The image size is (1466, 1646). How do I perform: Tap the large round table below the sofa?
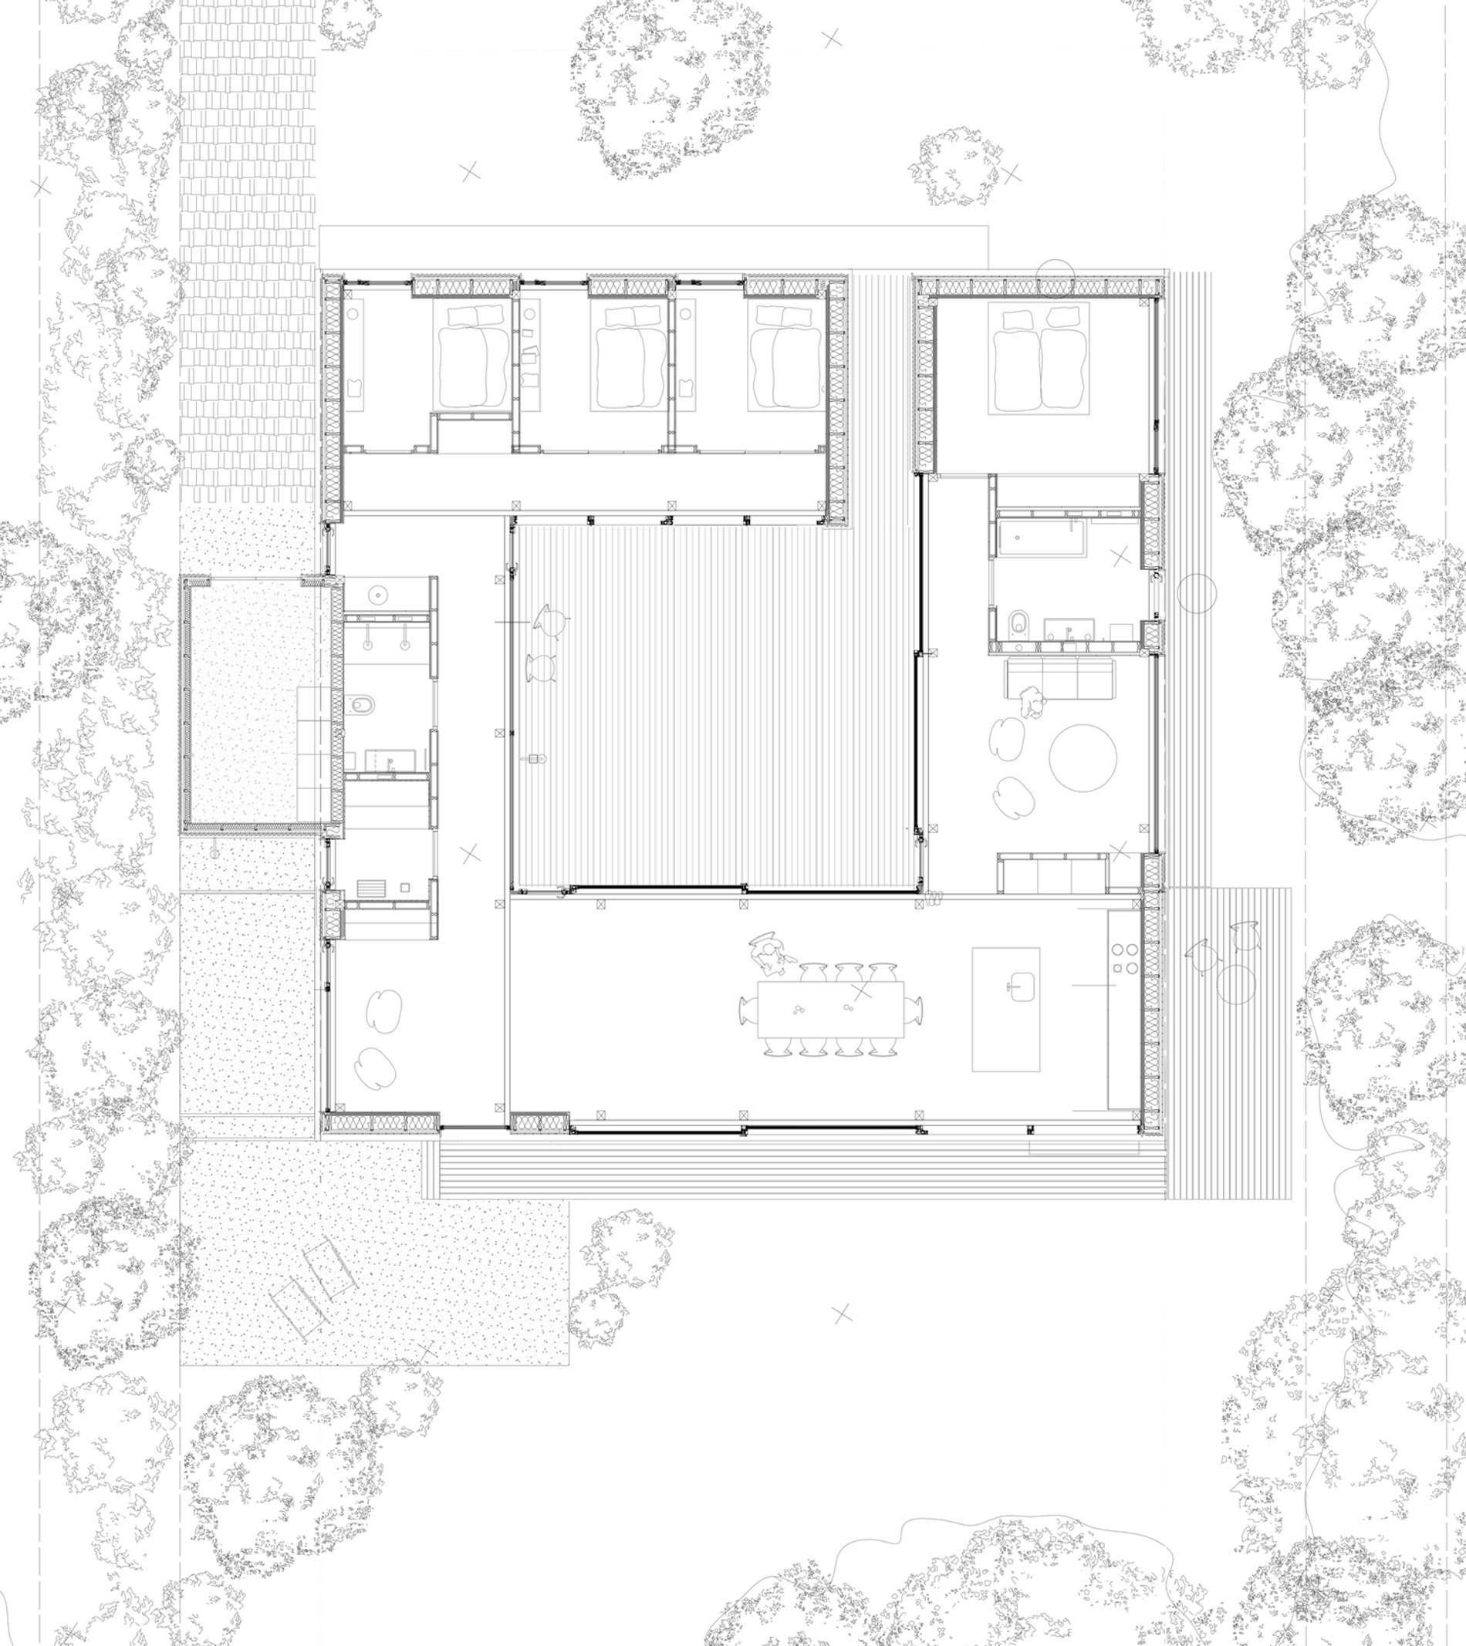click(1083, 757)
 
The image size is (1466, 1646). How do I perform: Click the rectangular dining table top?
click(829, 1009)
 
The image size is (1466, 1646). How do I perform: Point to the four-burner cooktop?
click(1124, 958)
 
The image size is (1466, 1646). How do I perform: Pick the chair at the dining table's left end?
click(746, 1009)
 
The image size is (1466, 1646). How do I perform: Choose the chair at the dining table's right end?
click(914, 1009)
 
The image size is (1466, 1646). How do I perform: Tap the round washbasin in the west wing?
click(377, 595)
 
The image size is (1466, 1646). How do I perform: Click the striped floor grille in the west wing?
click(371, 889)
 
